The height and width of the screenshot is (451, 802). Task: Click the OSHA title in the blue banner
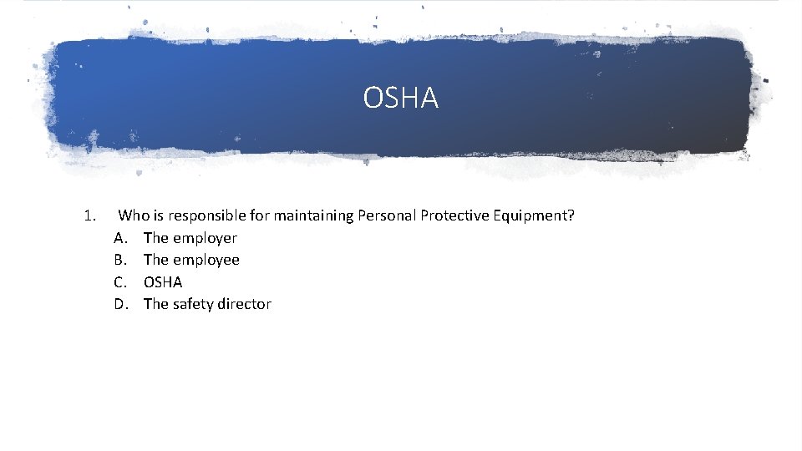point(400,99)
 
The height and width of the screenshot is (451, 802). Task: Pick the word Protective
point(454,215)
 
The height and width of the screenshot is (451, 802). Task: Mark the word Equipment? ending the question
point(535,215)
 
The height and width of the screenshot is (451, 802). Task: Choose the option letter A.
point(120,238)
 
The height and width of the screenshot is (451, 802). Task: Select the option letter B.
point(120,260)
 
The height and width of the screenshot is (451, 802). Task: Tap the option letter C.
point(120,282)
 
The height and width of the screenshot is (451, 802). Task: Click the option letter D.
point(121,304)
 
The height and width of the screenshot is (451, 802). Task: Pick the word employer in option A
point(205,238)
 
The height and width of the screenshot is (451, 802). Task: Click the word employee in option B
point(206,260)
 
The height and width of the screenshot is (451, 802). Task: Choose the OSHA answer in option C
point(163,282)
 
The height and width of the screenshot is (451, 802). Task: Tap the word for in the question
point(259,215)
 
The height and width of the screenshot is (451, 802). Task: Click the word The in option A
point(156,238)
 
